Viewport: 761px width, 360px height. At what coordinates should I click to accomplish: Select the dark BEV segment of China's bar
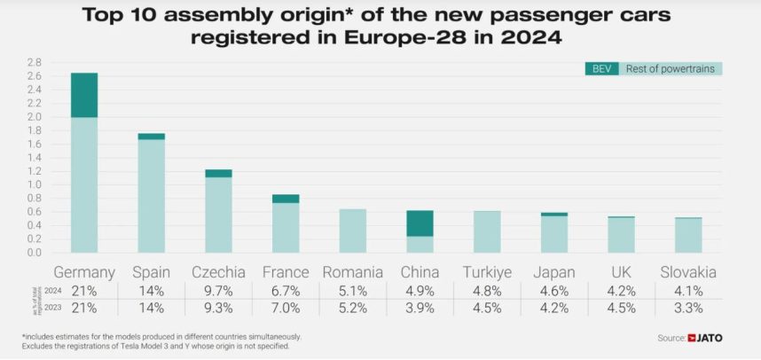pos(420,223)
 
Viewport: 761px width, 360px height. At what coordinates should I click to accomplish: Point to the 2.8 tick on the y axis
pos(34,62)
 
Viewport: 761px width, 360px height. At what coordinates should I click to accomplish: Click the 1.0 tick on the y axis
pos(34,184)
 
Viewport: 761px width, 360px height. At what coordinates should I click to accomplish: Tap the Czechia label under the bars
pos(218,271)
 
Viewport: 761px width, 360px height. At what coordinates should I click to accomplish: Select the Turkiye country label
pos(486,271)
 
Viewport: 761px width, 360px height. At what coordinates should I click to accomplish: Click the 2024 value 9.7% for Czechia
pos(218,291)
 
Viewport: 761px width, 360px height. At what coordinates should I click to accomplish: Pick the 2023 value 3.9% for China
pos(420,309)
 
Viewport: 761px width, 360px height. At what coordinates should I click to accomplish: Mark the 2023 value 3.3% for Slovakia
pos(688,309)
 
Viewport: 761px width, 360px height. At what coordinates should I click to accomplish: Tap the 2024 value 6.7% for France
pos(286,291)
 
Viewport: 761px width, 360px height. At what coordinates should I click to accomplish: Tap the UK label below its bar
pos(621,271)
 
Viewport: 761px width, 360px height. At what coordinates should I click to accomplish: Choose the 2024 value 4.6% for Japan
pos(553,291)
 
